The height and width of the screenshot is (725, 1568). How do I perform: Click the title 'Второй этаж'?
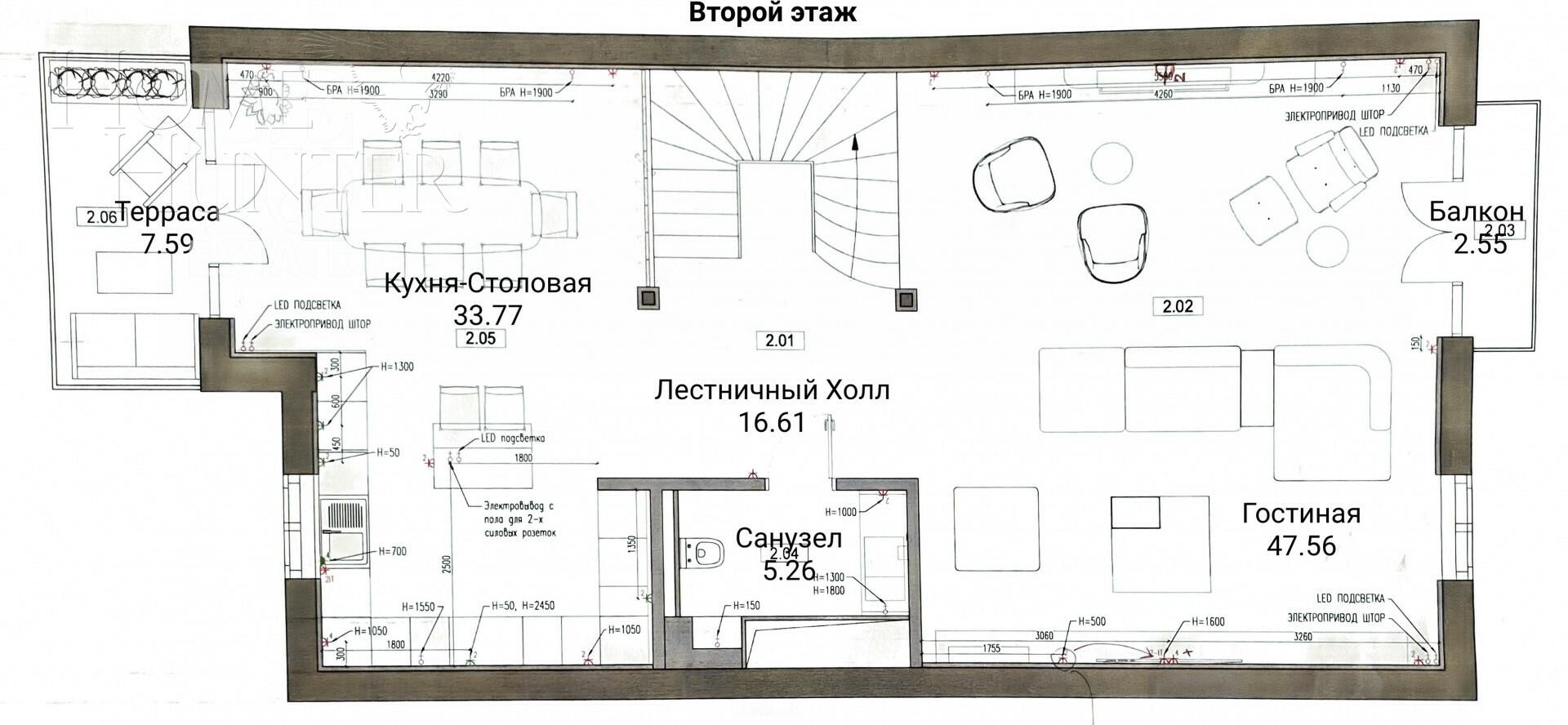[x=773, y=14]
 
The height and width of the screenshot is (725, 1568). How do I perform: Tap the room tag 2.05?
[x=480, y=338]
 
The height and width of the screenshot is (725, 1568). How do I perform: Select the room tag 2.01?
[x=780, y=340]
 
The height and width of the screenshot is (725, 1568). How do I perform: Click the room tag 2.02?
[x=1178, y=307]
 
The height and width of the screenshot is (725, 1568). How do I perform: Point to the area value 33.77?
[x=488, y=314]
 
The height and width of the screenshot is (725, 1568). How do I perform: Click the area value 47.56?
[x=1301, y=545]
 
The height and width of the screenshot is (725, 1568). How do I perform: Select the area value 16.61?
[x=772, y=422]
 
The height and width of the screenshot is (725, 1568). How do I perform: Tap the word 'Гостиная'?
[x=1301, y=514]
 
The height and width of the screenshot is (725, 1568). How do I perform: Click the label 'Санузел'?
[x=788, y=538]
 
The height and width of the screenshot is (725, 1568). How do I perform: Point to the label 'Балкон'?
[x=1476, y=211]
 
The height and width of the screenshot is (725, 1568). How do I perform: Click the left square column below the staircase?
[x=648, y=298]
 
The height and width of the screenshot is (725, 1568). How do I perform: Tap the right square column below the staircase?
[x=905, y=298]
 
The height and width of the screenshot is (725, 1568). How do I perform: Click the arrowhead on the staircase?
[x=854, y=142]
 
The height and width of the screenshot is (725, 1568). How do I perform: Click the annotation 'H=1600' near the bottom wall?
[x=1208, y=622]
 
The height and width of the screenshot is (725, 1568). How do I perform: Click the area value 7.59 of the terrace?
[x=167, y=243]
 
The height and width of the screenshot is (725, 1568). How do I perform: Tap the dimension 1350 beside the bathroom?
[x=630, y=545]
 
